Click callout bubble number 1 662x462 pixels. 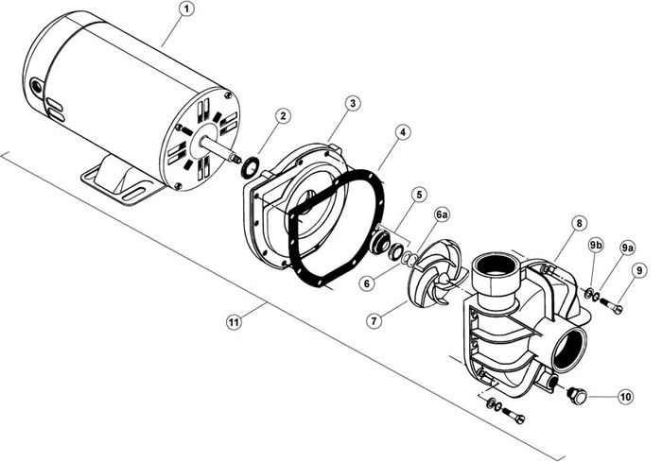click(185, 9)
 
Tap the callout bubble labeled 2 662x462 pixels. click(283, 115)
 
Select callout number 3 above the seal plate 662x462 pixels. click(353, 103)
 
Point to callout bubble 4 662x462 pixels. click(403, 132)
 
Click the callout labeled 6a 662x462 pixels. click(442, 215)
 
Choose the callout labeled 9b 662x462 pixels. click(595, 246)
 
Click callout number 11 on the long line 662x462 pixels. click(234, 323)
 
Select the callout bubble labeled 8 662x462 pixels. click(579, 223)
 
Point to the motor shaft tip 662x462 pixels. click(236, 159)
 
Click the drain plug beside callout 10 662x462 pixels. click(576, 395)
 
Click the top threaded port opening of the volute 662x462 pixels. click(494, 266)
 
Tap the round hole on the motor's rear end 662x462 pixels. click(36, 87)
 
